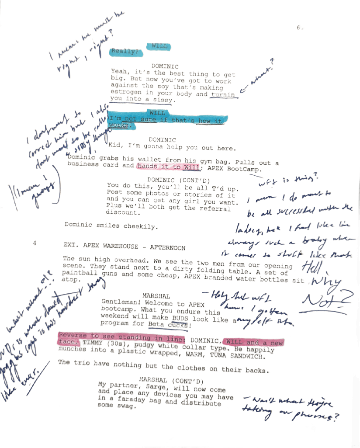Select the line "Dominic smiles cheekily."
[111, 226]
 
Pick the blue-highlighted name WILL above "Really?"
[159, 46]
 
